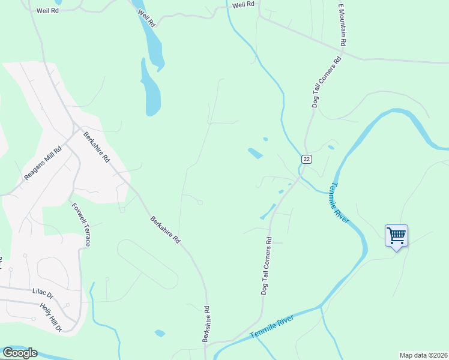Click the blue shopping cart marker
[396, 235]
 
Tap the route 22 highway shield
[306, 158]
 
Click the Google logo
[19, 353]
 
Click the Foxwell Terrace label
[81, 225]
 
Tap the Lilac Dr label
[42, 295]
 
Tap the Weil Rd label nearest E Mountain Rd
[243, 4]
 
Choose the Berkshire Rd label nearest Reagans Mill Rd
[97, 148]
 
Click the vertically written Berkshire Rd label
[206, 325]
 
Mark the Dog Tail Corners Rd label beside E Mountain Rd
[326, 82]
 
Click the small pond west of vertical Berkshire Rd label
[160, 333]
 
